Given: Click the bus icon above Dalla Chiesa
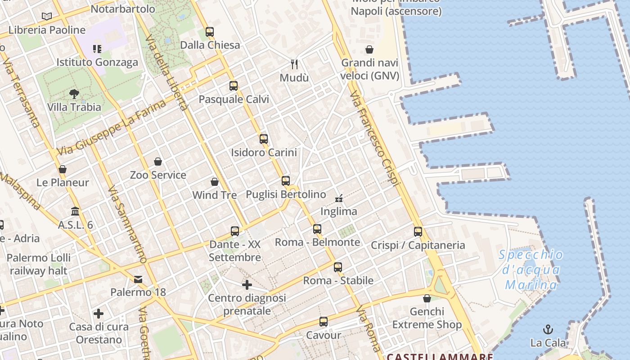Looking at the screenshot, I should tap(210, 32).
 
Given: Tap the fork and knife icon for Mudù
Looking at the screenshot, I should tap(294, 64).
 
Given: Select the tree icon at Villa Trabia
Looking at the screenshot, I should tap(74, 94).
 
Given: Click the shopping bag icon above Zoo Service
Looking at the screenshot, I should tap(158, 162).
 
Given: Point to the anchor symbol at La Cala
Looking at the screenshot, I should tap(548, 329).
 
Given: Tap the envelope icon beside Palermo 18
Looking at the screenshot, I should tap(138, 279).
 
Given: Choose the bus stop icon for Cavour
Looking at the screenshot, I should tap(324, 322).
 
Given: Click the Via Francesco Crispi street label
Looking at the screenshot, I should tap(375, 138).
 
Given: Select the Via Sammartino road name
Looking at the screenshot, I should tap(128, 225).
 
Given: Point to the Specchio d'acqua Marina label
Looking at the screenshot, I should tap(531, 270).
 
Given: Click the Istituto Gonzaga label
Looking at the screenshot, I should tap(97, 62).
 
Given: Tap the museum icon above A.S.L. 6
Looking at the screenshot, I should tap(75, 211).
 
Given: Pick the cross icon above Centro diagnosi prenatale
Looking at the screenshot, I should tap(247, 285).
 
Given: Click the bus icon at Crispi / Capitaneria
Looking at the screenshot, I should tap(418, 232).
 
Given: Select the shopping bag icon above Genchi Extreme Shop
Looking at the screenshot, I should tap(427, 298).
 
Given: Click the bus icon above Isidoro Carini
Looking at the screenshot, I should tap(264, 139).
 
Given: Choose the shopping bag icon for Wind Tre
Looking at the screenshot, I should tap(215, 182).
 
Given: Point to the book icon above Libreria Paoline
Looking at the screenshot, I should tap(47, 17).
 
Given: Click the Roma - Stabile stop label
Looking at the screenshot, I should tap(338, 281).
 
